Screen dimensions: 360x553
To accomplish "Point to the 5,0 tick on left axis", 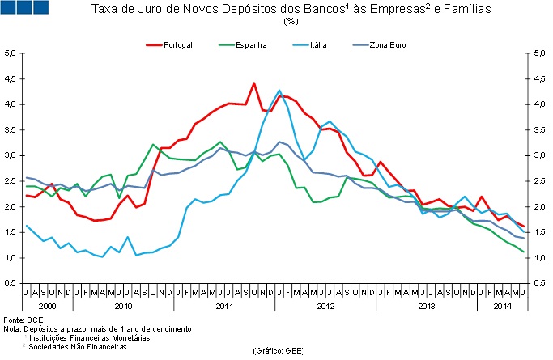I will click(x=11, y=53).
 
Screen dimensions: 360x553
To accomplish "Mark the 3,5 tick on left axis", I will click(x=11, y=130).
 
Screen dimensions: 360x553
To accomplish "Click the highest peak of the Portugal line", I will click(x=254, y=83).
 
